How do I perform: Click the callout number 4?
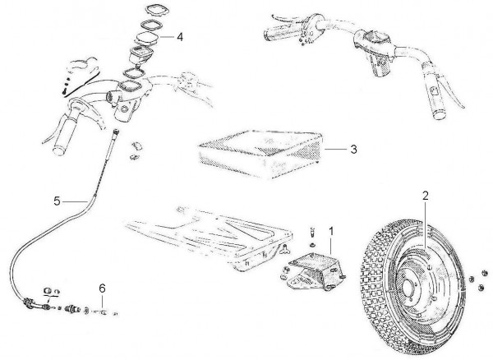pyautogui.click(x=180, y=37)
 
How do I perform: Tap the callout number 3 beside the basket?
pyautogui.click(x=354, y=149)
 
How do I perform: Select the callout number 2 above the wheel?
pyautogui.click(x=426, y=196)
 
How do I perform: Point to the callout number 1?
pyautogui.click(x=331, y=232)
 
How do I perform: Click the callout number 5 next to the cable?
pyautogui.click(x=57, y=201)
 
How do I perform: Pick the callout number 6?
pyautogui.click(x=103, y=288)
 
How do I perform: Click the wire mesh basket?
pyautogui.click(x=261, y=153)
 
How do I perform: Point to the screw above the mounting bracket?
pyautogui.click(x=312, y=233)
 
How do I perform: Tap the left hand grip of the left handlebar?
pyautogui.click(x=64, y=135)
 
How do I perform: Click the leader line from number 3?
pyautogui.click(x=336, y=150)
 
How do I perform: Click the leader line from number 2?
pyautogui.click(x=426, y=226)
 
